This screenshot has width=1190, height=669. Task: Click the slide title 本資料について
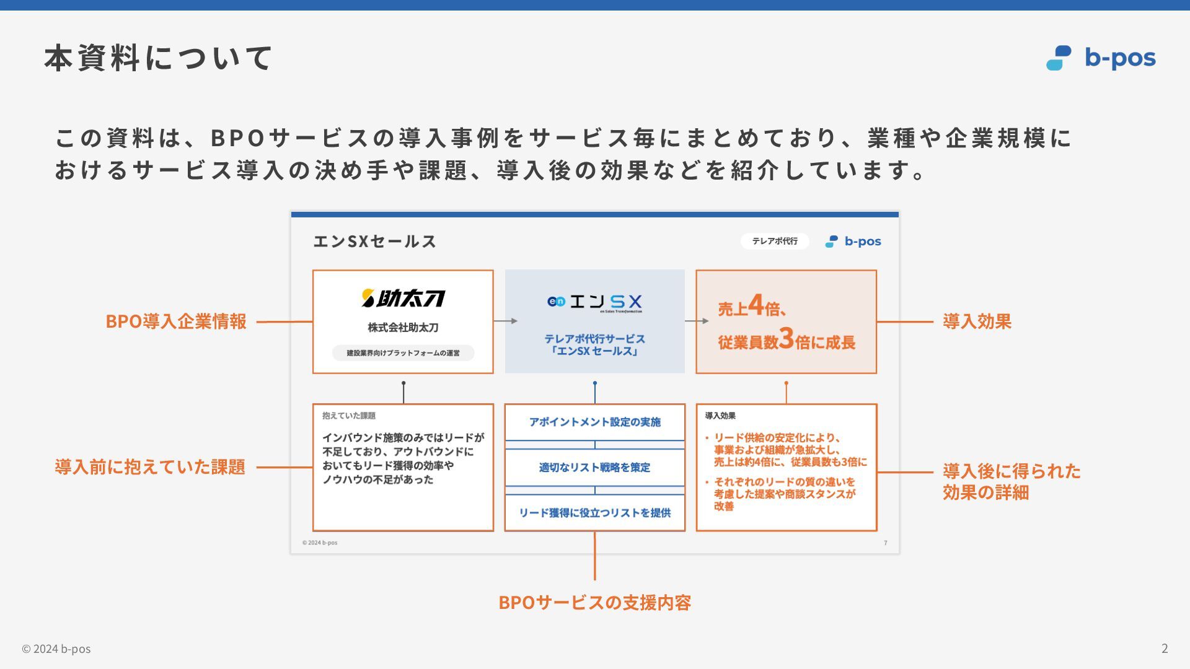158,58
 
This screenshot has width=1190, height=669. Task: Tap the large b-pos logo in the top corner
1101,58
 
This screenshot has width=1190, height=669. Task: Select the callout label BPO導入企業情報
176,321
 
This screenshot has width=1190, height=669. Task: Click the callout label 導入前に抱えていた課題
150,467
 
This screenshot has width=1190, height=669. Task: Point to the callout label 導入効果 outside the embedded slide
977,321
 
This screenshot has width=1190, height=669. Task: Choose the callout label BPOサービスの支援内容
594,602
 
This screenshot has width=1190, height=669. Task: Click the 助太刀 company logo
403,299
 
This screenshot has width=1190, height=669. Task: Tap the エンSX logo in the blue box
594,302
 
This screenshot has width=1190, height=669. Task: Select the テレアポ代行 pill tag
775,241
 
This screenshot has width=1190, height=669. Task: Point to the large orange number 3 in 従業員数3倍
787,339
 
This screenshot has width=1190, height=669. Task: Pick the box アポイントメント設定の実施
594,422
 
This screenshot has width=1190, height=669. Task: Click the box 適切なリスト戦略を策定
594,468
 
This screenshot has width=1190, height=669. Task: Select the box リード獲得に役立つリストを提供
594,513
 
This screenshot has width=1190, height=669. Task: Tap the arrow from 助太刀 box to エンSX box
506,321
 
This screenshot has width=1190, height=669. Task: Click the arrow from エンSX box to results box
697,321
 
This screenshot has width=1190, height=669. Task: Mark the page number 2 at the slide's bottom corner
1165,649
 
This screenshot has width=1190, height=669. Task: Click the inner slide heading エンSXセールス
374,242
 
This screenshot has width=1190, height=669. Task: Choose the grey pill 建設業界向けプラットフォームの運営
403,353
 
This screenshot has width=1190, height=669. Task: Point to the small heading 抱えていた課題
349,416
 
